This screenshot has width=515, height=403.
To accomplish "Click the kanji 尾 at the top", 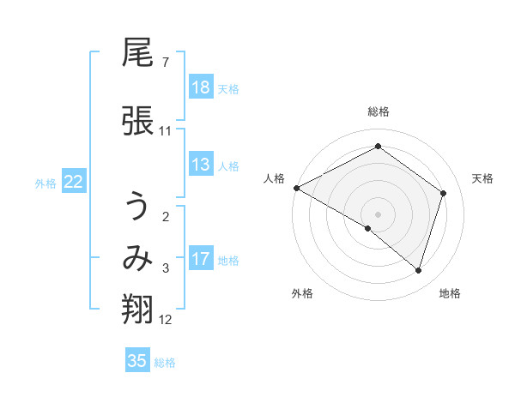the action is point(137,55).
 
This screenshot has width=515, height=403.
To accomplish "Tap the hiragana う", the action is point(137,208).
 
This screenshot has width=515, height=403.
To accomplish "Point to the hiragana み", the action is point(137,258).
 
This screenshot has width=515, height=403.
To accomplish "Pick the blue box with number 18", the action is point(201,87).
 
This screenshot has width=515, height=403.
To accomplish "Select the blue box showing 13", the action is point(201,165).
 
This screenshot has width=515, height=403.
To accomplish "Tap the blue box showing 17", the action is point(201,259).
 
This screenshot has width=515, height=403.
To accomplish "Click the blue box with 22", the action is point(74,182).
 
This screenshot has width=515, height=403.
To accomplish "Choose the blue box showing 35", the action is point(137,361).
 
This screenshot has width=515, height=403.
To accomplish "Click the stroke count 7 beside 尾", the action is point(165,63).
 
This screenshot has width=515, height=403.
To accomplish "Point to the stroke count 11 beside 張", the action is point(165,131).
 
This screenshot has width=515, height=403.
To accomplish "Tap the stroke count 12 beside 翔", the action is point(166,320).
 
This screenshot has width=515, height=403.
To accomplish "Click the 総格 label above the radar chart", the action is point(378,111).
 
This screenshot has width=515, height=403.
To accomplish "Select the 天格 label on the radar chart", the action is point(483,178).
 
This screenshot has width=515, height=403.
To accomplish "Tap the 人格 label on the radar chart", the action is point(275,178).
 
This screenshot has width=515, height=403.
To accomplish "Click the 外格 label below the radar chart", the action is point(302,293).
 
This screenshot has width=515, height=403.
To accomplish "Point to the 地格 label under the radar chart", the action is point(450,293).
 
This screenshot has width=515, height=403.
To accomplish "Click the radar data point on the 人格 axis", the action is point(296,188).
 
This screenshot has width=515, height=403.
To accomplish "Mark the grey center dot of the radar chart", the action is point(378,214).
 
